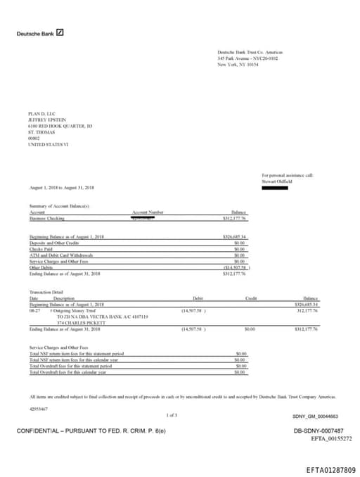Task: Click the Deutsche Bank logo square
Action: coord(60,32)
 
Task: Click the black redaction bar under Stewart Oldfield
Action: coord(275,187)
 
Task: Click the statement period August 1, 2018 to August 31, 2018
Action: coord(63,188)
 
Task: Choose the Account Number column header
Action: coord(148,212)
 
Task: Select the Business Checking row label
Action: coord(47,219)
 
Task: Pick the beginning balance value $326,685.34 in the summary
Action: coord(235,236)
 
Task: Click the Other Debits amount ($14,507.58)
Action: coord(235,267)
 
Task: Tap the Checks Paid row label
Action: coord(42,248)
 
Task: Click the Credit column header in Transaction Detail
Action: coord(251,298)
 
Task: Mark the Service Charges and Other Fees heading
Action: coord(58,348)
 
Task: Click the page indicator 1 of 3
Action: coord(172,415)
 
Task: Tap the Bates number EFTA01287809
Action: coord(330,469)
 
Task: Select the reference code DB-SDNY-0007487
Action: coord(318,431)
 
